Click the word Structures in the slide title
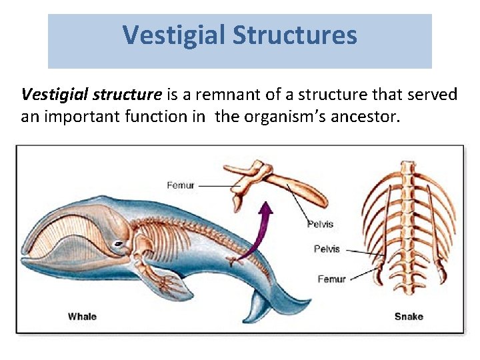click(295, 35)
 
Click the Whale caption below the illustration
click(82, 316)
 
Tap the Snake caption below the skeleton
click(409, 316)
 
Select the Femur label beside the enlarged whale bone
click(181, 185)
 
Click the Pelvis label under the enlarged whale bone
click(320, 224)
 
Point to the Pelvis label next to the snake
click(327, 249)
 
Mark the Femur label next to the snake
click(331, 279)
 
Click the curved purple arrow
click(260, 230)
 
